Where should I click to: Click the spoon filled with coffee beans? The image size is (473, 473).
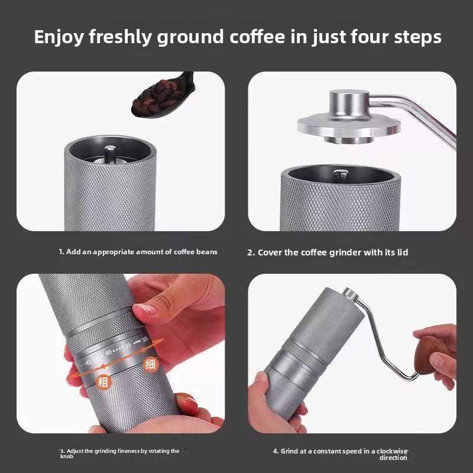[x=163, y=96]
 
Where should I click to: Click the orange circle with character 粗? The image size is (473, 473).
[x=103, y=382]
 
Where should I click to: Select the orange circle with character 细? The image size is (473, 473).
[x=150, y=364]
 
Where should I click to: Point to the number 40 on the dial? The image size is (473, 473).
[x=109, y=352]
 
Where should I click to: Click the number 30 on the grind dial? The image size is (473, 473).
[x=144, y=339]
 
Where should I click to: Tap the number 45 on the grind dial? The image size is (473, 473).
[x=88, y=362]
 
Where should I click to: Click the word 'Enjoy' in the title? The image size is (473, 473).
[x=59, y=37]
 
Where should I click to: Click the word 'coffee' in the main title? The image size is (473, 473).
[x=257, y=37]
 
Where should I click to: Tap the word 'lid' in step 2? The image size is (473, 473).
[x=403, y=252]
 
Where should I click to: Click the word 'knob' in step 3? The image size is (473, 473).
[x=66, y=456]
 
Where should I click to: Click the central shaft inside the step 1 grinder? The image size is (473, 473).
[x=110, y=154]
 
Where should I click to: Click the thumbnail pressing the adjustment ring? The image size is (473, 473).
[x=144, y=309]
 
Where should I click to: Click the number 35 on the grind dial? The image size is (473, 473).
[x=128, y=345]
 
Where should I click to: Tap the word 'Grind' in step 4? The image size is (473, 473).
[x=289, y=451]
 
